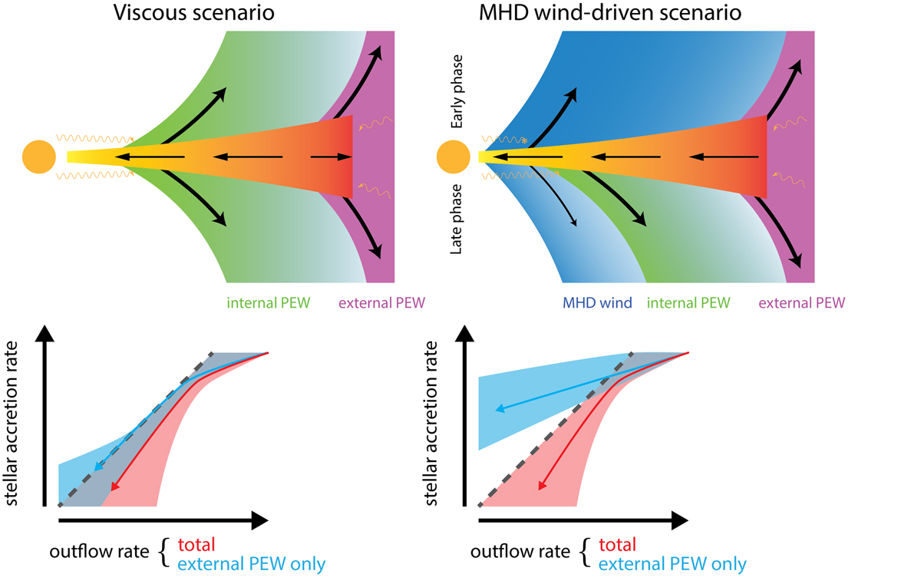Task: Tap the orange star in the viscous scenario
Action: click(x=38, y=157)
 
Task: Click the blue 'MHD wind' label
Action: click(x=597, y=303)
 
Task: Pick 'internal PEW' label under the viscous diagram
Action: click(x=268, y=303)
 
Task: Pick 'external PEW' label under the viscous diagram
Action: click(x=381, y=303)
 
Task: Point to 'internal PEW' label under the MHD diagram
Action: click(x=688, y=303)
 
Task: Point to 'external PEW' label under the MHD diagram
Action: click(x=801, y=303)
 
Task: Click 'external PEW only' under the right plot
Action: click(x=672, y=565)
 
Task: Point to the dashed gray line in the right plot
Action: click(x=553, y=430)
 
